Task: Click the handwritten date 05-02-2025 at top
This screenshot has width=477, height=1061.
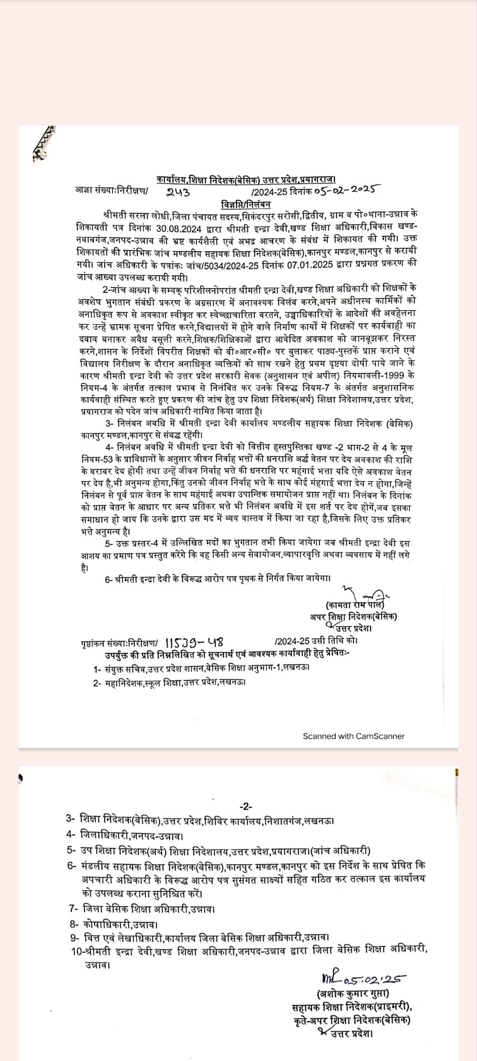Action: pyautogui.click(x=344, y=189)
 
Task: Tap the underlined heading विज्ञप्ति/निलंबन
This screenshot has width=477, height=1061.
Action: pyautogui.click(x=246, y=204)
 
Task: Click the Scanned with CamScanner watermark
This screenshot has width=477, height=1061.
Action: pyautogui.click(x=353, y=736)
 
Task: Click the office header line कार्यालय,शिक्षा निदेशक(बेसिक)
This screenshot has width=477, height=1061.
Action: pyautogui.click(x=246, y=180)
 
